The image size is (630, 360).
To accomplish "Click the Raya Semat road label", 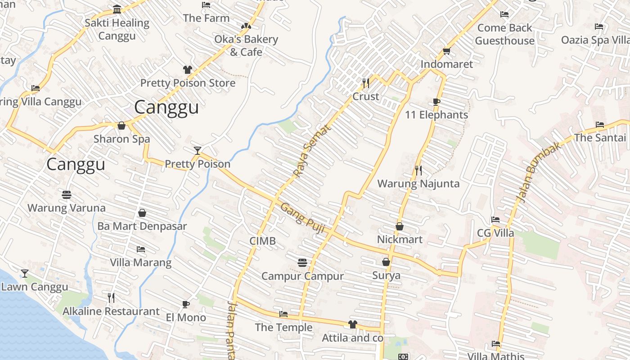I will [x=312, y=151].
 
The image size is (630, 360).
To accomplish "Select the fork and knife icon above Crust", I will [x=366, y=83].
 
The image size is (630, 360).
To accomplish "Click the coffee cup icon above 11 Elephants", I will [x=436, y=102].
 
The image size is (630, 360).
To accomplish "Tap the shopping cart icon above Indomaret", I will [x=446, y=51].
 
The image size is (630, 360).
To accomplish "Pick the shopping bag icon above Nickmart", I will [x=399, y=226].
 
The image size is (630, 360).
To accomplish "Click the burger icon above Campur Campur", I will [x=302, y=262].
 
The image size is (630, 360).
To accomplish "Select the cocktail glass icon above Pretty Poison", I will [x=197, y=150].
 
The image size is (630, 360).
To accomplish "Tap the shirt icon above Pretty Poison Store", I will [x=188, y=70].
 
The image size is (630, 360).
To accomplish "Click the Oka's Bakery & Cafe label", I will [x=246, y=45].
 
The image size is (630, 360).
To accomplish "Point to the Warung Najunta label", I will [x=418, y=184].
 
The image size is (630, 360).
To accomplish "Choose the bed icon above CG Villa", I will [x=495, y=220].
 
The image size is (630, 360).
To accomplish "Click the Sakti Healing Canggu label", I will [x=117, y=29].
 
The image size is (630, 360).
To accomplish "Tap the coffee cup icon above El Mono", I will [x=185, y=305].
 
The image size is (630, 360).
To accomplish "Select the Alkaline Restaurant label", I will [x=111, y=311].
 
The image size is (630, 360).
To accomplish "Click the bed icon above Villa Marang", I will [x=141, y=249].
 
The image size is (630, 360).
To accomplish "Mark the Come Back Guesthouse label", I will [x=504, y=34].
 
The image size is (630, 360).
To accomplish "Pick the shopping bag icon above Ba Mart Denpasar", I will [x=142, y=213].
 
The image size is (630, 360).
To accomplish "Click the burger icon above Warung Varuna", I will [x=67, y=195].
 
